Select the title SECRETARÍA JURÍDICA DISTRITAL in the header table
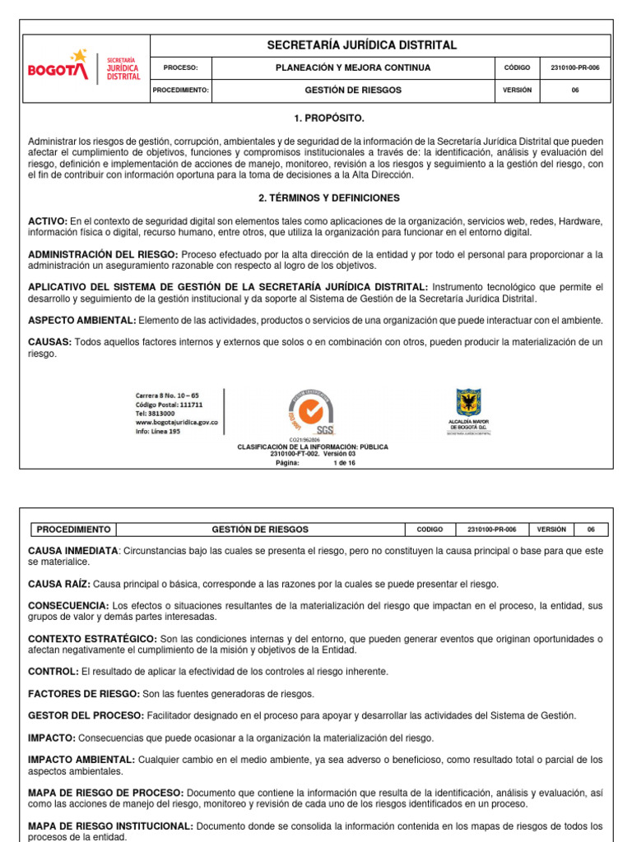[x=362, y=45]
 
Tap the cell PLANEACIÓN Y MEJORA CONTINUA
[x=352, y=67]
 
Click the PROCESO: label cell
[x=181, y=67]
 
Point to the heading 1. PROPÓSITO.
[x=317, y=118]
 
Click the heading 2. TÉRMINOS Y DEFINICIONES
[x=317, y=198]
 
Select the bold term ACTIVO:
[x=48, y=221]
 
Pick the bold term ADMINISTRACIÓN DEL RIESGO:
[x=103, y=254]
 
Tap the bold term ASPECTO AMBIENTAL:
[x=81, y=320]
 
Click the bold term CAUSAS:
[x=49, y=342]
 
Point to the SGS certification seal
[x=309, y=411]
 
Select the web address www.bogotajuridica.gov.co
[x=176, y=423]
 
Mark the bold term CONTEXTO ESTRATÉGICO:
[x=92, y=639]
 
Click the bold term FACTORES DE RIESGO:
[x=84, y=694]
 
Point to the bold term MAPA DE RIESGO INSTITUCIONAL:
[x=111, y=826]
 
